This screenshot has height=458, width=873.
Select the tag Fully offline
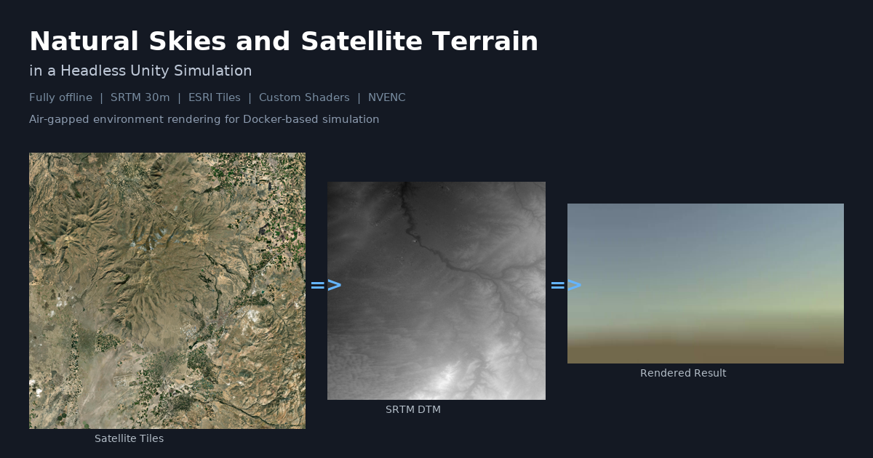pyautogui.click(x=60, y=97)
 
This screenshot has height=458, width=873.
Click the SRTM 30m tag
pyautogui.click(x=140, y=97)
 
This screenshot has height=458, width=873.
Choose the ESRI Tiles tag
pyautogui.click(x=215, y=97)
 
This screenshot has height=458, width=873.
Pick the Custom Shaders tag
pyautogui.click(x=304, y=97)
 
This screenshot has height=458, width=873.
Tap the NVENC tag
pyautogui.click(x=387, y=97)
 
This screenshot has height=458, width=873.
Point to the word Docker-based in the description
pyautogui.click(x=278, y=119)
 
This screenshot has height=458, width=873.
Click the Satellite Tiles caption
pyautogui.click(x=129, y=438)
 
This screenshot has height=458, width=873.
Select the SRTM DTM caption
pyautogui.click(x=413, y=409)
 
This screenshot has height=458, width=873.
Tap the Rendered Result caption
pyautogui.click(x=683, y=373)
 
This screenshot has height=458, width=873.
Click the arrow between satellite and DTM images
pyautogui.click(x=326, y=286)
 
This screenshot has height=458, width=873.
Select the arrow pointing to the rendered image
pyautogui.click(x=566, y=286)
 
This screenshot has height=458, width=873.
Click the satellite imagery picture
pyautogui.click(x=167, y=291)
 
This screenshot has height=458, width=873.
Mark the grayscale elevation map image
pyautogui.click(x=436, y=291)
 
